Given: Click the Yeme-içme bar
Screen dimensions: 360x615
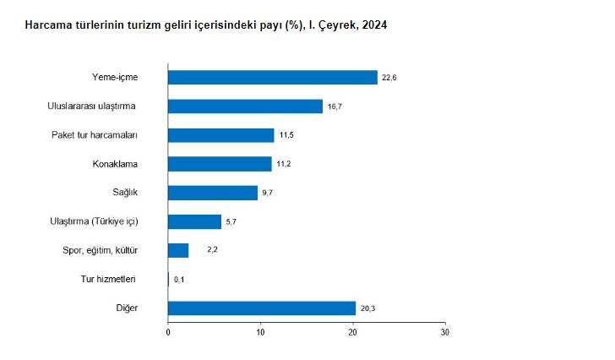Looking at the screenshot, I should pyautogui.click(x=272, y=78).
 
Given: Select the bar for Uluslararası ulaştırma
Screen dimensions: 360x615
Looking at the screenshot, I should pyautogui.click(x=245, y=106).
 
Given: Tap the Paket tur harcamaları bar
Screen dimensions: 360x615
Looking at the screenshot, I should pyautogui.click(x=220, y=135).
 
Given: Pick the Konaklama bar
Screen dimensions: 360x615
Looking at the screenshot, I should pyautogui.click(x=220, y=164).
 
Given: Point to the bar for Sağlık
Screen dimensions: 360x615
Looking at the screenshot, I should pyautogui.click(x=213, y=193).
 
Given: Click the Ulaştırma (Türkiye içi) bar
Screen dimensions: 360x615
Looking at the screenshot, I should pyautogui.click(x=194, y=221).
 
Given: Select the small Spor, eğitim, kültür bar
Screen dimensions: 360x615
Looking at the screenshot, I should pyautogui.click(x=178, y=250).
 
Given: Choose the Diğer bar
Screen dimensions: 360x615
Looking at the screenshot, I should pyautogui.click(x=262, y=308).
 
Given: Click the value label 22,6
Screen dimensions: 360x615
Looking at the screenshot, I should pyautogui.click(x=389, y=78).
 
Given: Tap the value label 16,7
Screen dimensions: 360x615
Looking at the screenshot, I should pyautogui.click(x=335, y=106).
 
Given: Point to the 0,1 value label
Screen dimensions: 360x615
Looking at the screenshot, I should pyautogui.click(x=179, y=279).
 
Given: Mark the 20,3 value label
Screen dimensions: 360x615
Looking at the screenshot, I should pyautogui.click(x=367, y=308).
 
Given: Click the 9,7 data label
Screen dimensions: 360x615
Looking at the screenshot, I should pyautogui.click(x=269, y=193).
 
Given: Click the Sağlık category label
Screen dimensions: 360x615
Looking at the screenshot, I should pyautogui.click(x=125, y=193).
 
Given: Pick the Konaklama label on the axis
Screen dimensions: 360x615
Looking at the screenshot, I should pyautogui.click(x=115, y=164).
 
